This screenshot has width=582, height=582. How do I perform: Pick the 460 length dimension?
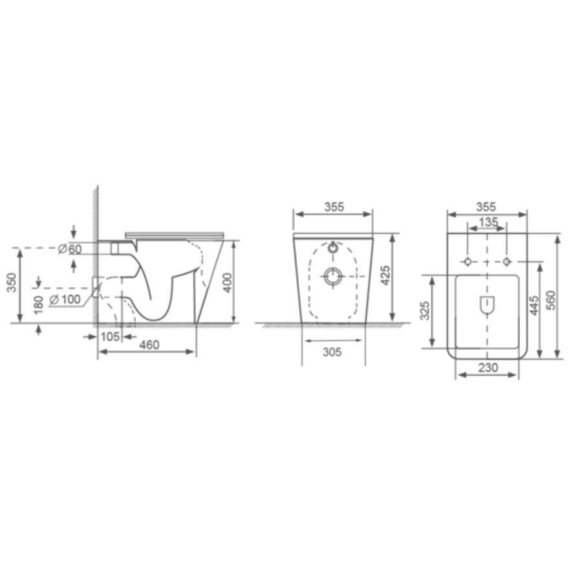[x=149, y=345]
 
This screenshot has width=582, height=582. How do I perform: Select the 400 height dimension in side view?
[x=227, y=282]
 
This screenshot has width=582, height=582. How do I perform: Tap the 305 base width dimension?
[x=332, y=352]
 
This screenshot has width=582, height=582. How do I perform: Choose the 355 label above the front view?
[x=334, y=207]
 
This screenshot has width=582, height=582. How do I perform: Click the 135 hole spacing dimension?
[x=487, y=222]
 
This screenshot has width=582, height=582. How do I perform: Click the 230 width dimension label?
[x=487, y=367]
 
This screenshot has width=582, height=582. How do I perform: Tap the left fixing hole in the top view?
[x=468, y=261]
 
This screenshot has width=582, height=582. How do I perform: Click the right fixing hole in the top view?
[x=507, y=261]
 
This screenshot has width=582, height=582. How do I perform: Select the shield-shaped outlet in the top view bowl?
[x=487, y=304]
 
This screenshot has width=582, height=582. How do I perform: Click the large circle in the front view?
[x=334, y=276]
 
